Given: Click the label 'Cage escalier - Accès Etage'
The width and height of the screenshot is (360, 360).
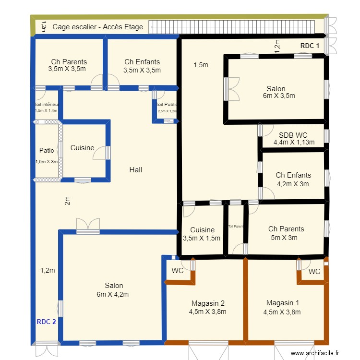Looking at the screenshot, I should [x=97, y=27].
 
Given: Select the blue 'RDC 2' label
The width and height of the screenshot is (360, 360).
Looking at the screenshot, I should [x=47, y=322].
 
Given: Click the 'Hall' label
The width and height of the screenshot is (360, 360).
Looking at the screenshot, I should [x=136, y=169].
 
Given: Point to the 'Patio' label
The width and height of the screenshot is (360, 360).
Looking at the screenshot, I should [x=47, y=150].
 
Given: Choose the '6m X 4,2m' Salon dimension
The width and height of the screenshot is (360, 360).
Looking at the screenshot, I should [x=112, y=294].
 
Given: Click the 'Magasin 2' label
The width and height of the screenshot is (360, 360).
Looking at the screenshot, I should [x=208, y=303].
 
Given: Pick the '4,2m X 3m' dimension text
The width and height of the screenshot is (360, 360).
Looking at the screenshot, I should [x=293, y=183].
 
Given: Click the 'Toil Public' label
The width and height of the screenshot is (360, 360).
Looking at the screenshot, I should [x=167, y=105].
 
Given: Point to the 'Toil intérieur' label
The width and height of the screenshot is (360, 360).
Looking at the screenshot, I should [x=47, y=104].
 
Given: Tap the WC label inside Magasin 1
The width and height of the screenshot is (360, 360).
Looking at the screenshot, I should [x=314, y=272].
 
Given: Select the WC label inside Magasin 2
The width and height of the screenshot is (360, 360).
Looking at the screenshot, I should [x=178, y=271].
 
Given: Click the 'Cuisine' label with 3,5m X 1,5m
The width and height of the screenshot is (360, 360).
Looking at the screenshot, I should [x=202, y=230].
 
